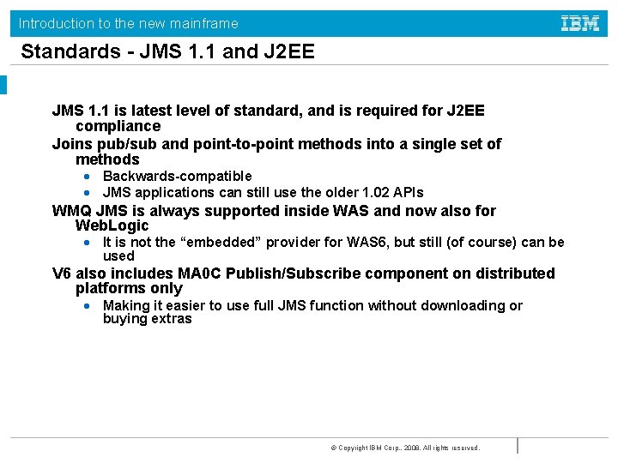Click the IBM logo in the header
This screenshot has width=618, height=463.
click(x=580, y=23)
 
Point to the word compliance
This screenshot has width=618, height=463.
click(x=118, y=126)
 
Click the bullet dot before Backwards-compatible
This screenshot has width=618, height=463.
click(x=88, y=177)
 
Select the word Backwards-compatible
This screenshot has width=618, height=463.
click(x=177, y=176)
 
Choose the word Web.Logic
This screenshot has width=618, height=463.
click(x=112, y=225)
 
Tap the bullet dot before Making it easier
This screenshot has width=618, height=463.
click(x=88, y=306)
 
